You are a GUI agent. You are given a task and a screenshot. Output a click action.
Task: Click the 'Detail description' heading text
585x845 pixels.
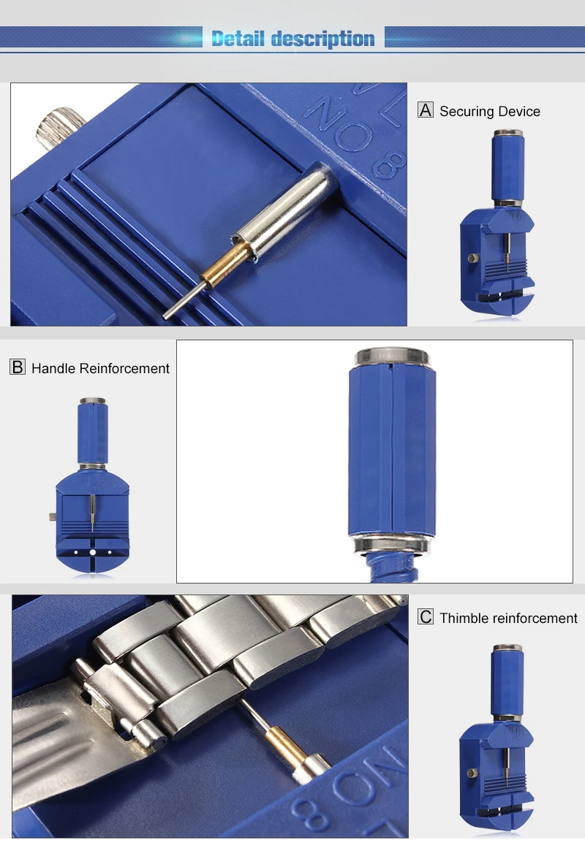click(x=292, y=39)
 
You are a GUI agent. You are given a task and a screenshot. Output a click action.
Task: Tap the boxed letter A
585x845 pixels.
click(x=426, y=110)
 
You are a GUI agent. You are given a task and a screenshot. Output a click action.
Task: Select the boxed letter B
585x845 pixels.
click(x=18, y=367)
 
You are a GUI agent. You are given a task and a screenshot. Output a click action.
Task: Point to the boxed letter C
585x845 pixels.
click(x=426, y=617)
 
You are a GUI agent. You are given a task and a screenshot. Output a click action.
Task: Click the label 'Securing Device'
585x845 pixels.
click(x=490, y=112)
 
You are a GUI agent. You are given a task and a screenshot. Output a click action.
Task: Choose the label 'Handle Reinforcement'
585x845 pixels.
click(x=100, y=369)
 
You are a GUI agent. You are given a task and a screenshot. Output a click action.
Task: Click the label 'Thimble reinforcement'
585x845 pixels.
click(x=508, y=619)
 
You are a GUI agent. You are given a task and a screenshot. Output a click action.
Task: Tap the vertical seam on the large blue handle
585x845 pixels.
click(x=393, y=449)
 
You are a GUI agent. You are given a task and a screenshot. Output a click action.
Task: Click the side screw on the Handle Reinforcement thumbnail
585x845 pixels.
click(x=54, y=516)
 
